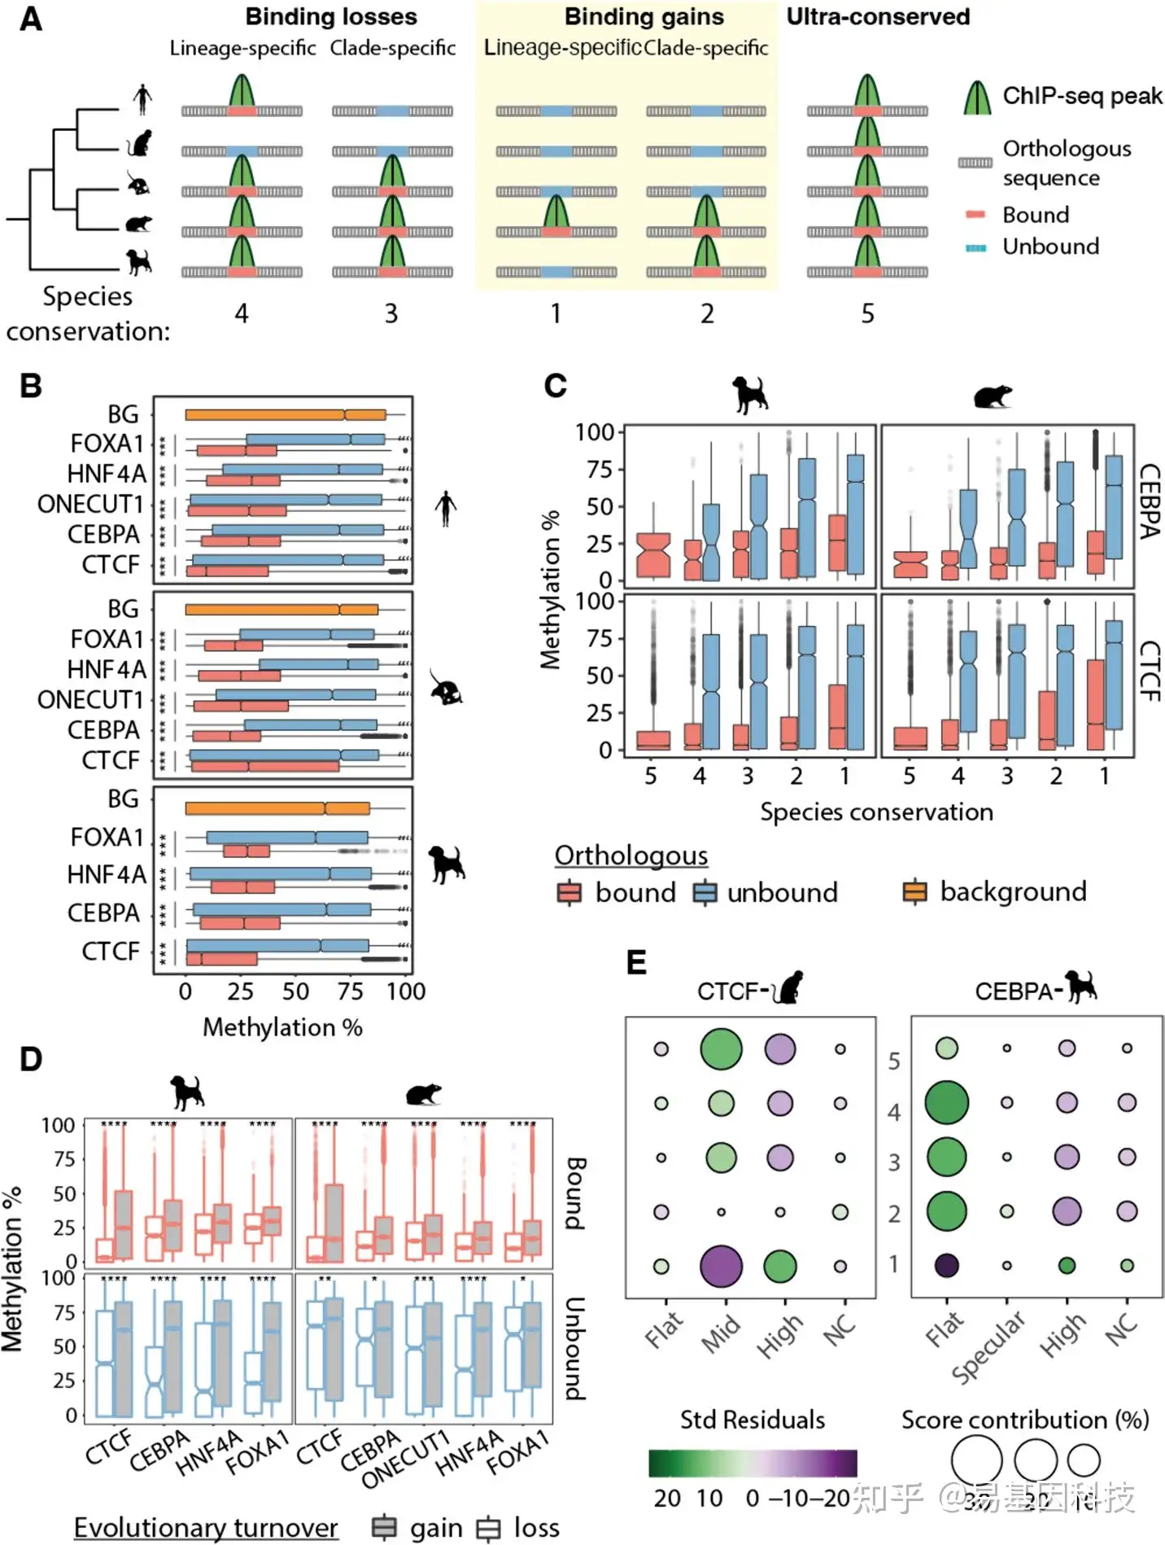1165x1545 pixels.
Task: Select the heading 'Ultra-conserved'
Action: [878, 17]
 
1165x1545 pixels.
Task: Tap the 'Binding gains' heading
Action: [644, 17]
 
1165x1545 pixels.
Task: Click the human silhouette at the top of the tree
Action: [142, 98]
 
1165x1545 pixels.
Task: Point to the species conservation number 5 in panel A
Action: [868, 313]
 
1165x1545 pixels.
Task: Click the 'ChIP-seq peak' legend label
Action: [1082, 96]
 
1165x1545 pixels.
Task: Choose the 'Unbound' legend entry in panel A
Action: [1050, 247]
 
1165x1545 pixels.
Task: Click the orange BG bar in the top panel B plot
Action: [285, 414]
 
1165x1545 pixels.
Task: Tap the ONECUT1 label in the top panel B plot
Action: [90, 504]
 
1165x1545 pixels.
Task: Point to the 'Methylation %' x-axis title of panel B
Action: [282, 1027]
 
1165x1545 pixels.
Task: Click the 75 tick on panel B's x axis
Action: [351, 991]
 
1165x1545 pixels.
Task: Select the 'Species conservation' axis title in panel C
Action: [876, 812]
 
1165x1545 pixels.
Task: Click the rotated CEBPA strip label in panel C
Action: [1149, 501]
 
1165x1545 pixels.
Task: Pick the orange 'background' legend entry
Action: [1012, 891]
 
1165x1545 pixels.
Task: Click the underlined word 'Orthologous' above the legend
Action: [630, 856]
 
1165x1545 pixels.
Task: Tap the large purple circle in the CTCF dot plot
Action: [721, 1267]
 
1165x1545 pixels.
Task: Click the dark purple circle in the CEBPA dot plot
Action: [947, 1266]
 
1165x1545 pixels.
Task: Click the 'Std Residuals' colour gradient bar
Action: [753, 1463]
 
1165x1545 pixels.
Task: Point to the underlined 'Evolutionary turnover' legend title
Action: [206, 1528]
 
